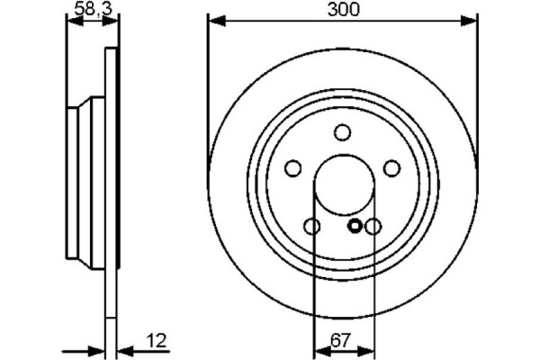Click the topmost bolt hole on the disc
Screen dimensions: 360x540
click(342, 133)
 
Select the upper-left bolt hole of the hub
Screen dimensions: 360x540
click(292, 168)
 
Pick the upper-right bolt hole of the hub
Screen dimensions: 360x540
click(391, 168)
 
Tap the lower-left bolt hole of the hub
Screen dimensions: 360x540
click(311, 226)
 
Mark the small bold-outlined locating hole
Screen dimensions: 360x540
click(355, 226)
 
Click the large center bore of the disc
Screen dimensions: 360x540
click(342, 185)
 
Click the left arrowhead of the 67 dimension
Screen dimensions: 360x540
click(317, 350)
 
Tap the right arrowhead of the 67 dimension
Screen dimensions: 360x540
click(366, 350)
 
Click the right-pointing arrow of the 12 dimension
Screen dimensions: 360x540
click(99, 350)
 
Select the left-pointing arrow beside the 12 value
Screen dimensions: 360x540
click(124, 350)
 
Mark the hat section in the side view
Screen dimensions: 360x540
click(86, 180)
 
